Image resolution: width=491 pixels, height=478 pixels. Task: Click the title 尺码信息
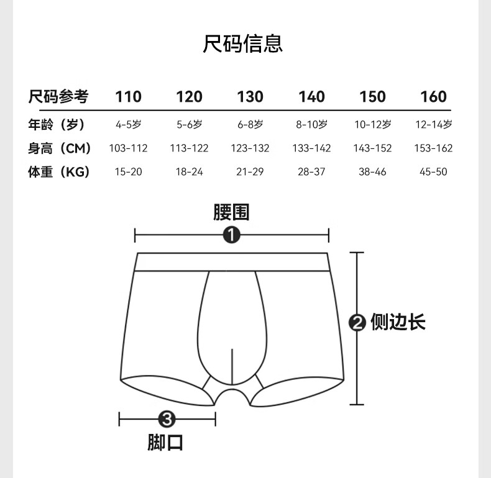[243, 43]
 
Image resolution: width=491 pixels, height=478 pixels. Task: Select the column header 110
[128, 97]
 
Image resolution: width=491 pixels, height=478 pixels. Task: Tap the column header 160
[433, 97]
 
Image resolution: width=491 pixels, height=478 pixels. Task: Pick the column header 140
[311, 97]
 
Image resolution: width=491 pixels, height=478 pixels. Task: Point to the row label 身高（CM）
[60, 148]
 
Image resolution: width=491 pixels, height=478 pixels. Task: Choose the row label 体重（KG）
[59, 172]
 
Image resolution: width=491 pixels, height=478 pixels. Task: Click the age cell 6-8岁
[250, 124]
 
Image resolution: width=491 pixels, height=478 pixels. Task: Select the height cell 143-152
[372, 148]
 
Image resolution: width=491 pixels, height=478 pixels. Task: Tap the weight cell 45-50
[433, 172]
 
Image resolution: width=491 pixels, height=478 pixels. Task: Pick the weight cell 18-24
[189, 172]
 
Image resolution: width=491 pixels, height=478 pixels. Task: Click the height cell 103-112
[128, 148]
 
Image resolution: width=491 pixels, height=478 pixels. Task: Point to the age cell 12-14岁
[433, 124]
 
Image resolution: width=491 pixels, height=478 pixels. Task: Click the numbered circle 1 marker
[231, 235]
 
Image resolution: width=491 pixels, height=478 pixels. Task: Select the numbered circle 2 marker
[357, 322]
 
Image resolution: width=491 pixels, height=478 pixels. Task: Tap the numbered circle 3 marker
[166, 420]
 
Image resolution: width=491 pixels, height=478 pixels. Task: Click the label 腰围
[231, 213]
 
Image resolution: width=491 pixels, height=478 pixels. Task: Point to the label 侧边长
[398, 322]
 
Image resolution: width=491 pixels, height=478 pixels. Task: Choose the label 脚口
[165, 442]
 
